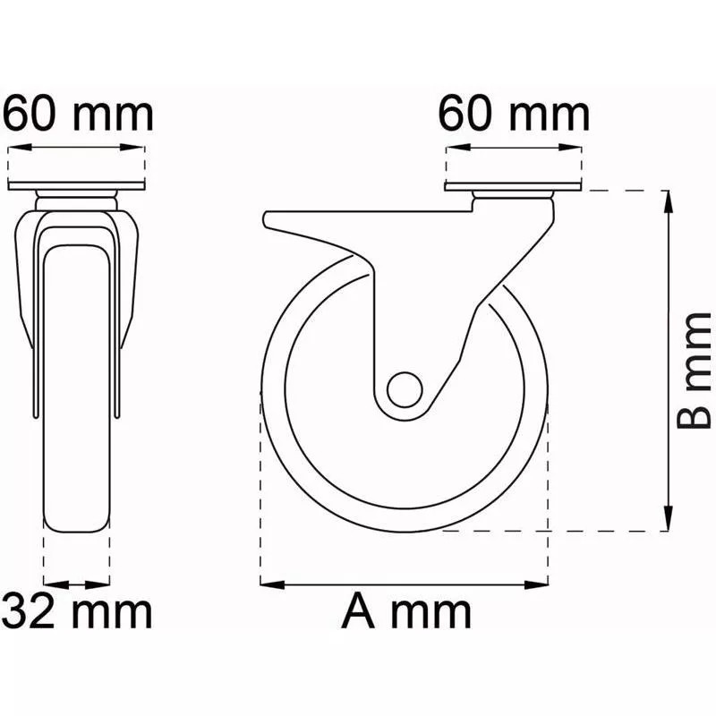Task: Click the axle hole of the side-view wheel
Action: pyautogui.click(x=405, y=389)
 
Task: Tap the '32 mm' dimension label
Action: pyautogui.click(x=78, y=612)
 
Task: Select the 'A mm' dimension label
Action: pyautogui.click(x=406, y=612)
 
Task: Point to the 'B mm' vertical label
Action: pyautogui.click(x=694, y=371)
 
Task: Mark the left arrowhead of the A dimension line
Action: pyautogui.click(x=272, y=584)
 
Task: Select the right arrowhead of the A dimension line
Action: pyautogui.click(x=536, y=584)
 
